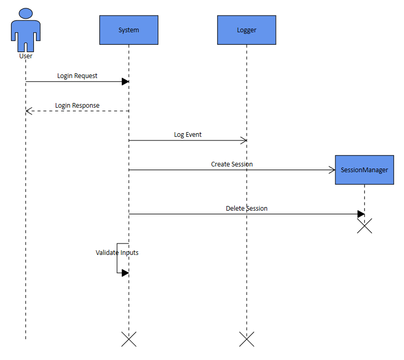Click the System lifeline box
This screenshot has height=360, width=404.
[129, 30]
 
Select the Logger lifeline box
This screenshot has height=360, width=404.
[246, 30]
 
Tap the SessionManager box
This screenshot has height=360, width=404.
[364, 170]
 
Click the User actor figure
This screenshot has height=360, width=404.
[25, 29]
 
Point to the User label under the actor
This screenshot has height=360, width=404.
[25, 56]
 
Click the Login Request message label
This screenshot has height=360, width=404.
[77, 75]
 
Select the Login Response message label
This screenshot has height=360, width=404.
[77, 105]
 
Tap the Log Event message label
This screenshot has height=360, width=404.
[187, 134]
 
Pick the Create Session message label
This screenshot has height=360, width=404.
[232, 164]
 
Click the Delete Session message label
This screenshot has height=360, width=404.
[246, 208]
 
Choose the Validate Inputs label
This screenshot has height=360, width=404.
[117, 252]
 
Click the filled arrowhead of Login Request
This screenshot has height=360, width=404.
[125, 82]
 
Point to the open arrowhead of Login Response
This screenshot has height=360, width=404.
[29, 111]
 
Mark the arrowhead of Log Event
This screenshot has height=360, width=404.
[243, 140]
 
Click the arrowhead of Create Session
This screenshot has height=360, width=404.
[332, 170]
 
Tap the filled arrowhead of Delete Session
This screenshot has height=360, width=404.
[361, 214]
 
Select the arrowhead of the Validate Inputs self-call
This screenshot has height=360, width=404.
[125, 273]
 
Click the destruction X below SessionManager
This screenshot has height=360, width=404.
[364, 226]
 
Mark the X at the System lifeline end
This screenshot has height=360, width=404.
[129, 339]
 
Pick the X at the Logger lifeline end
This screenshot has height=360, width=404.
[246, 339]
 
